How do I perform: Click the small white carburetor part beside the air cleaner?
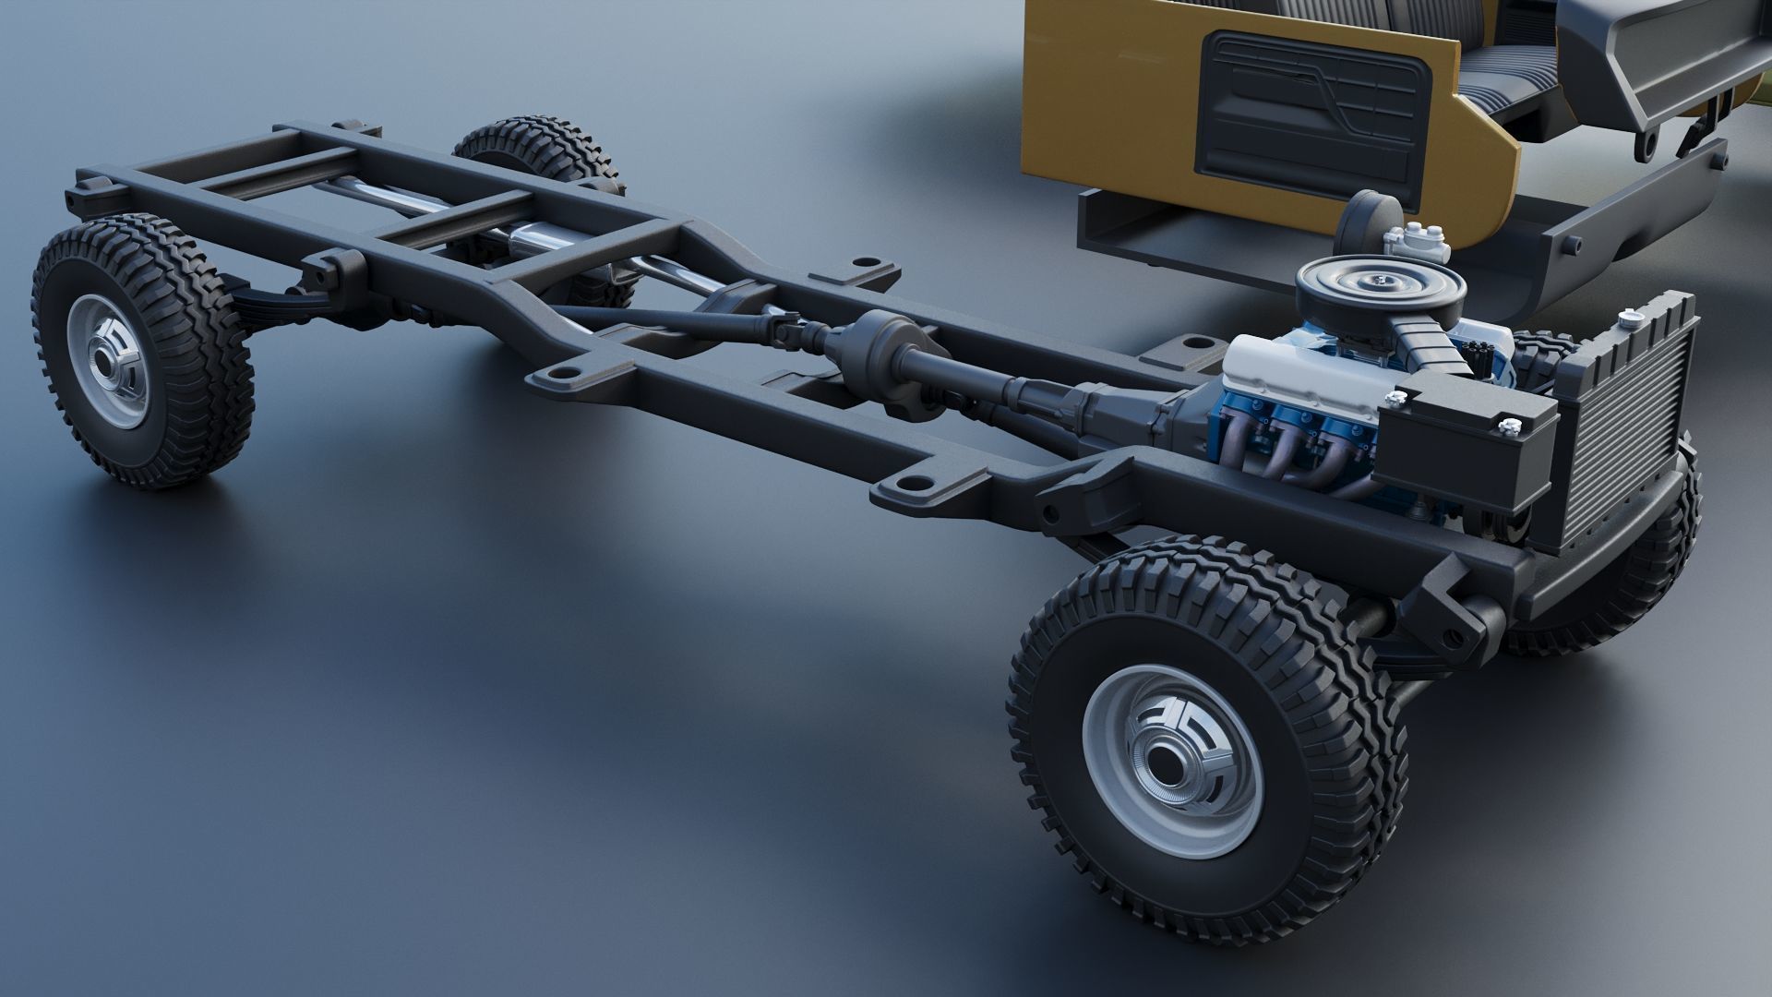point(1417,246)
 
